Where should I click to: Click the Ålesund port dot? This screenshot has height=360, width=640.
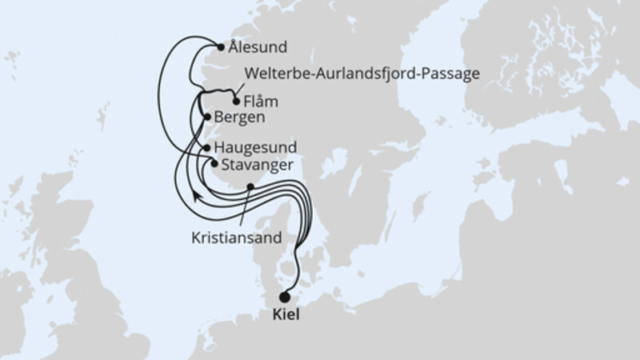222,46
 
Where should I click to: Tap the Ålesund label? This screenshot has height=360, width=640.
257,47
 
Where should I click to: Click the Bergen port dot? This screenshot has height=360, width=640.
208,118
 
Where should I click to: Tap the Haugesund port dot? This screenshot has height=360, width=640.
207,148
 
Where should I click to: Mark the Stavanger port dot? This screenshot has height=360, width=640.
214,163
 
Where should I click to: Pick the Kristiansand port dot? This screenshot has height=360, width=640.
250,187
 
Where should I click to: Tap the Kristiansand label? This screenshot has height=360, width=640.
235,237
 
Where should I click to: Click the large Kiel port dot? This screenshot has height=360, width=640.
285,297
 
